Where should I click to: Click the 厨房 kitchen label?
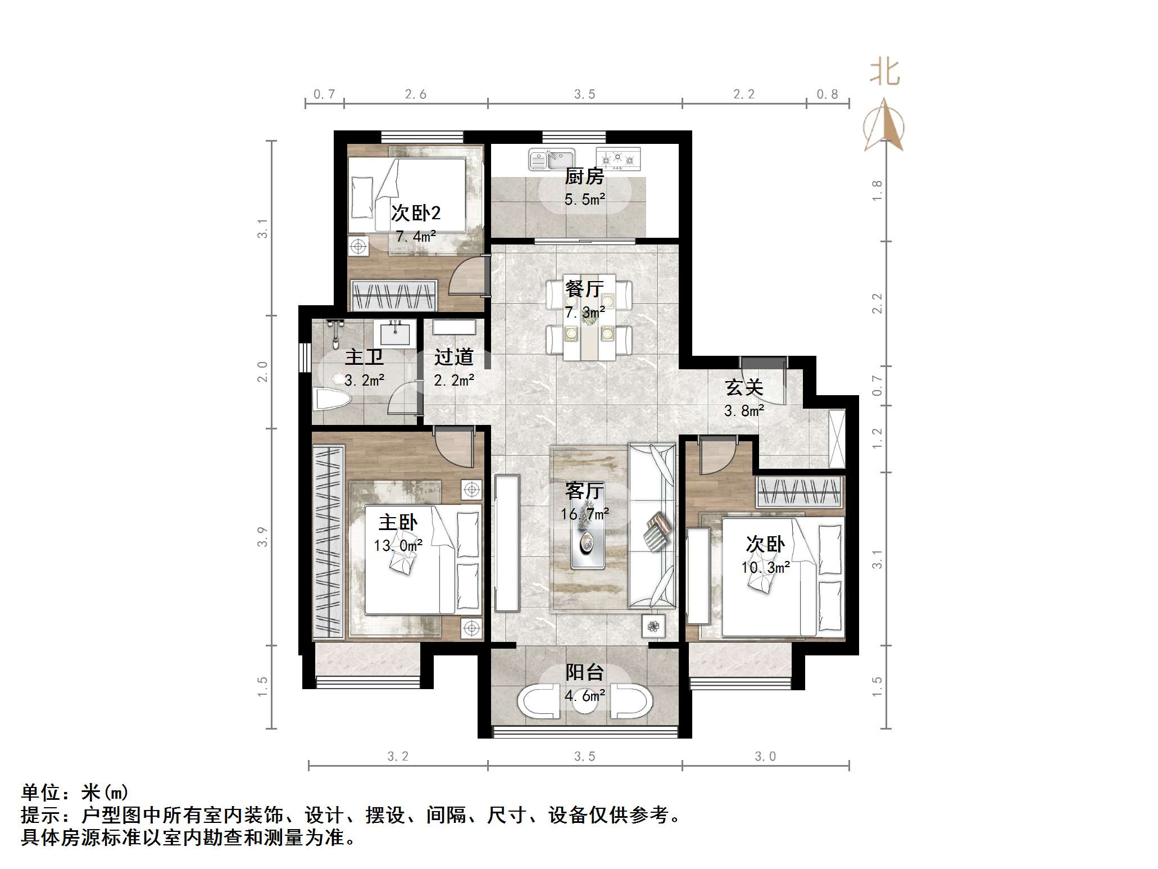tap(584, 176)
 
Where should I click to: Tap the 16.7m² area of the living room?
tap(584, 514)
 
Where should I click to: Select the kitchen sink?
tap(551, 159)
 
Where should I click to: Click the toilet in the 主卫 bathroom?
tap(333, 399)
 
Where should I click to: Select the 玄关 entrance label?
tap(744, 387)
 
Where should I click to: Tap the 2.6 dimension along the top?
tap(416, 94)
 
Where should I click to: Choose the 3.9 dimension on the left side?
tap(262, 537)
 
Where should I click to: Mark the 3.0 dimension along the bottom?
tap(765, 757)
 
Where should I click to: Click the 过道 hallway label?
tap(454, 357)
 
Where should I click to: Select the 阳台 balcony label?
tap(584, 672)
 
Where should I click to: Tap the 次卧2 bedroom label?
tap(416, 213)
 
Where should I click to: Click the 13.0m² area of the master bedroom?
tap(398, 545)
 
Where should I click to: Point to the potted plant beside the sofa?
tap(653, 626)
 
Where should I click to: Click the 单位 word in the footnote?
tap(40, 793)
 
